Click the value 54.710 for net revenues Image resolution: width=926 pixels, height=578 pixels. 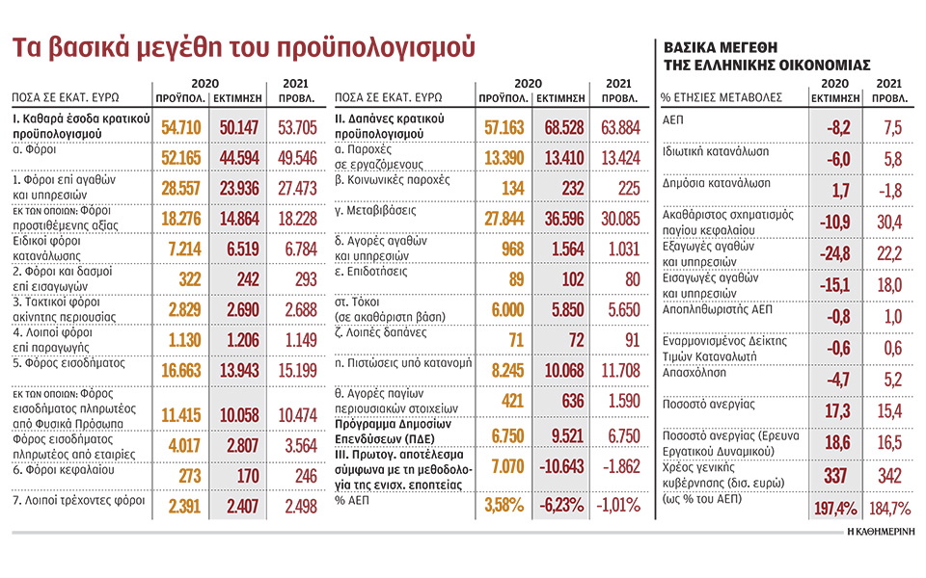pyautogui.click(x=181, y=126)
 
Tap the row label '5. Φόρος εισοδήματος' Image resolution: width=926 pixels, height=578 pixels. pyautogui.click(x=65, y=364)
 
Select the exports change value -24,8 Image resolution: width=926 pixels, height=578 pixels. pyautogui.click(x=826, y=253)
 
